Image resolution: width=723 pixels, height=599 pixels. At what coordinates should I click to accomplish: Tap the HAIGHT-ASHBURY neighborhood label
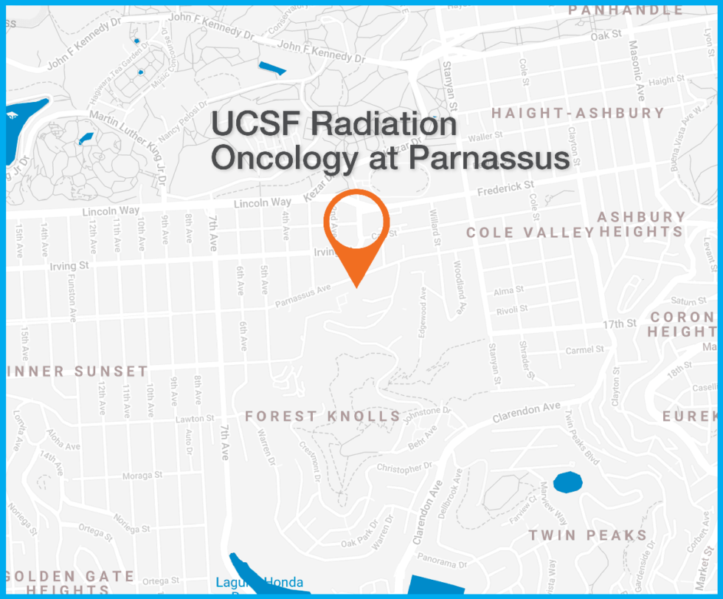point(578,114)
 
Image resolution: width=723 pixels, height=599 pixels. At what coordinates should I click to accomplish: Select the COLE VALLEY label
point(530,233)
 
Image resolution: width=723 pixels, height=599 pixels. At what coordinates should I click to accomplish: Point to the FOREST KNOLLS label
point(323,417)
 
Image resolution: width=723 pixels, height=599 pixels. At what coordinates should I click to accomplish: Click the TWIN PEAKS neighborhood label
point(587,536)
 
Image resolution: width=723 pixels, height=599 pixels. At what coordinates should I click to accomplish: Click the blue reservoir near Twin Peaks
point(567,482)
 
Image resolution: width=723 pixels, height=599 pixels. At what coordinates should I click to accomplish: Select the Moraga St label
point(142,475)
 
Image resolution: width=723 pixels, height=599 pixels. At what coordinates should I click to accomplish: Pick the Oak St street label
point(606,35)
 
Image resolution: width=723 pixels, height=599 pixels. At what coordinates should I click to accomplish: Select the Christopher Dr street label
point(404,468)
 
